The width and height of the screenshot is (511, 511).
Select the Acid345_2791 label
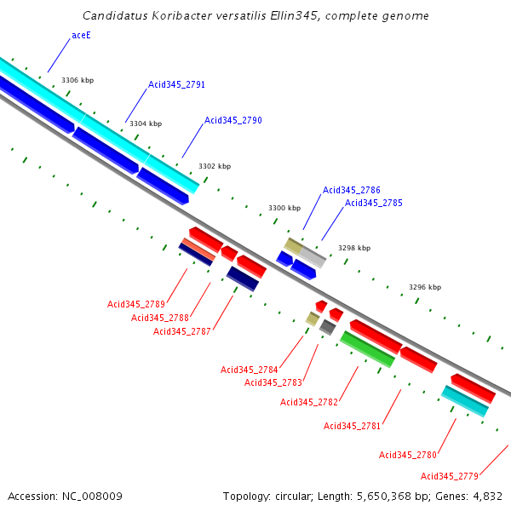point(176,84)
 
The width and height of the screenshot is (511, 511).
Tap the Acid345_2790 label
point(233,120)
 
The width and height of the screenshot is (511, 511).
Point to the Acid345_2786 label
point(352,190)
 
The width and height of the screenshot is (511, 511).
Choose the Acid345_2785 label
point(374,203)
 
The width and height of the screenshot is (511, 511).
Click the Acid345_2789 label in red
point(136,304)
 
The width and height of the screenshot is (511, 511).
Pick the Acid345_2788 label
point(160,318)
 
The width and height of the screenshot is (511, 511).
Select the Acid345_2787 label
point(182,331)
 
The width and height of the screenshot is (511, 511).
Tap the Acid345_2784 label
point(250,370)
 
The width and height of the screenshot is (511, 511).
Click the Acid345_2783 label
point(273,382)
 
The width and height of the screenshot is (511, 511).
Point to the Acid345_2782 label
point(309,402)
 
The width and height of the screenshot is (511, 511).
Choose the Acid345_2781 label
point(353,426)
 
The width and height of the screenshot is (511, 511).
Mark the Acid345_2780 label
point(408,455)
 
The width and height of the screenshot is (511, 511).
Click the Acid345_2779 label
point(450,476)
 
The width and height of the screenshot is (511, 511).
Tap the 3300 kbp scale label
point(284,208)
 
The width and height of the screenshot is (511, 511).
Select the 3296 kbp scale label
point(425,287)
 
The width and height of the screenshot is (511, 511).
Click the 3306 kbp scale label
point(78,80)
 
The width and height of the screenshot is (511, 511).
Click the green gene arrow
point(367,349)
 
